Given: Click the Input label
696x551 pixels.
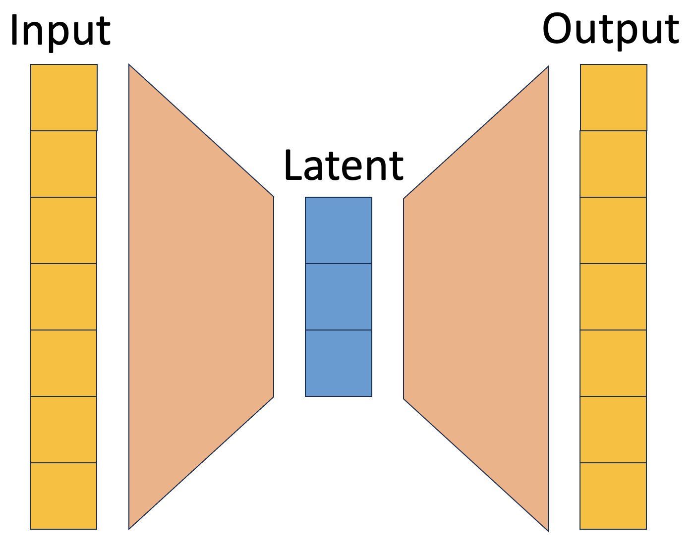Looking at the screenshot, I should (59, 31).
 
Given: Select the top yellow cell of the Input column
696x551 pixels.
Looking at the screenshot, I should (64, 98).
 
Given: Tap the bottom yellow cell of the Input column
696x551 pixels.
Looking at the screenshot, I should (63, 496).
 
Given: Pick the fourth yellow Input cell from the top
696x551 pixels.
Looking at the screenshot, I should (63, 297).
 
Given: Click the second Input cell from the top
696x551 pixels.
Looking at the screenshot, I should (63, 164).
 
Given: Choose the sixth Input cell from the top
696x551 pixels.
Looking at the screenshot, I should (63, 430).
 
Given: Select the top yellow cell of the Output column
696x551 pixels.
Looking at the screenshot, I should (614, 98).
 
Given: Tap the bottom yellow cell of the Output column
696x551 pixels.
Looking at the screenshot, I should (613, 496).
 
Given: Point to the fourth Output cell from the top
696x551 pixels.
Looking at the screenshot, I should (613, 297).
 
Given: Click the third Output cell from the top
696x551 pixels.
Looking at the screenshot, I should (613, 230).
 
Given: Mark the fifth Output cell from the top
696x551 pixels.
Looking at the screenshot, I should (613, 363).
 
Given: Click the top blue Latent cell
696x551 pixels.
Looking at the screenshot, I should (339, 230).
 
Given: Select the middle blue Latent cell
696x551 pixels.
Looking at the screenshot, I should (339, 297).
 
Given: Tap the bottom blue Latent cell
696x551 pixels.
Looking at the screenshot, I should (339, 363).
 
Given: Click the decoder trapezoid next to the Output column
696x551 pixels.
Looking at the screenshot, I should (476, 297).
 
